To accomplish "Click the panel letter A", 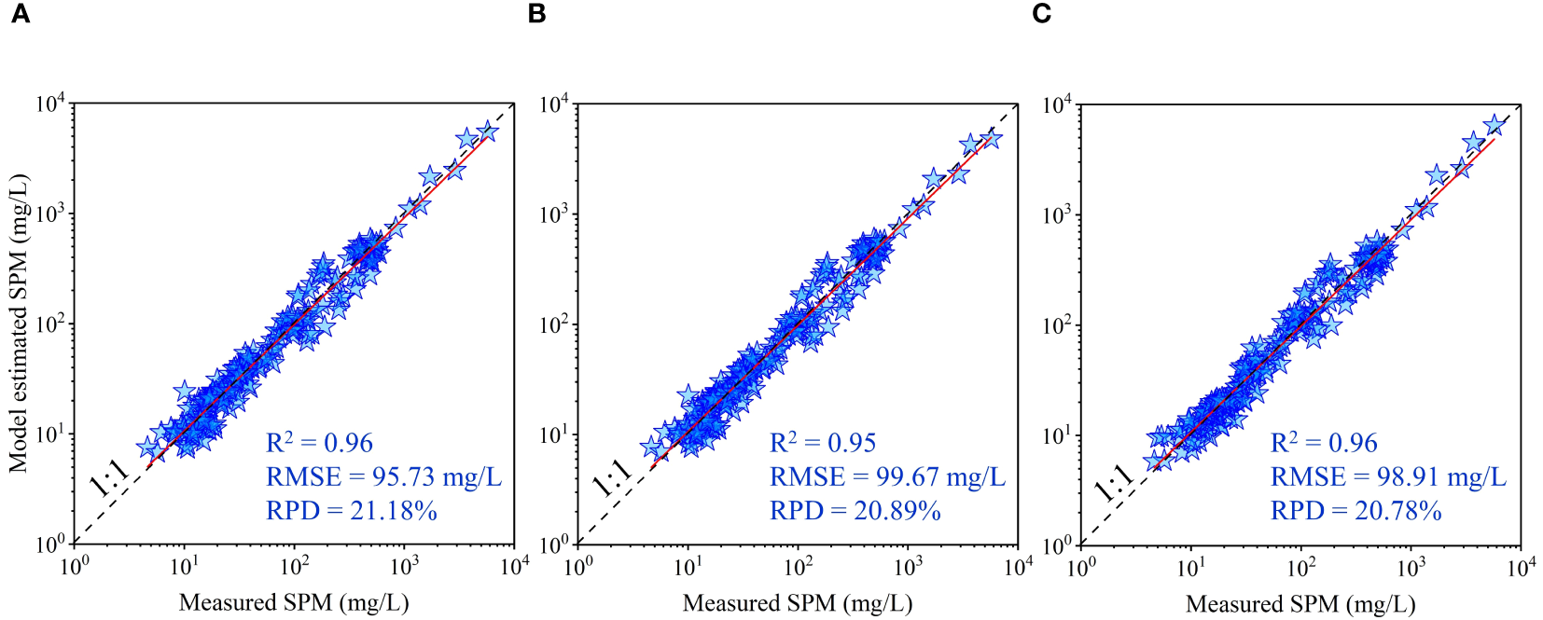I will (x=20, y=14).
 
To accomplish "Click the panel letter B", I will (x=536, y=14).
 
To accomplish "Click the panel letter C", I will (x=1042, y=14).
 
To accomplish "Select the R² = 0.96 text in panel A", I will (x=319, y=443).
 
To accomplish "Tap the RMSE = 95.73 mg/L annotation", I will (x=383, y=477).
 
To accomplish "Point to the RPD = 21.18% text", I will (x=351, y=511).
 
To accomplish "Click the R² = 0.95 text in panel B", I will (x=822, y=443).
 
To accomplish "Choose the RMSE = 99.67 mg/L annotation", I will (x=887, y=477).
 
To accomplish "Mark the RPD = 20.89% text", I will (x=855, y=511).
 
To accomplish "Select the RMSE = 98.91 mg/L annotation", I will (x=1388, y=477).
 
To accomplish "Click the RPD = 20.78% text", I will (x=1355, y=511).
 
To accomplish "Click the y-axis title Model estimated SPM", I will (x=19, y=323).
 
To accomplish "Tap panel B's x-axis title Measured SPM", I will (x=798, y=603).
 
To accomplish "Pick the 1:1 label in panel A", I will (x=109, y=477).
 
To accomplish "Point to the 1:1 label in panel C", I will (x=1114, y=481).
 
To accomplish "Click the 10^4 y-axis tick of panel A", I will (x=50, y=103).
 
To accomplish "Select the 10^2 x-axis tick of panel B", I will (x=798, y=566).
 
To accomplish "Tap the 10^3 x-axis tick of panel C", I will (x=1411, y=566).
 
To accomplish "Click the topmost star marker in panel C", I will (x=1494, y=124).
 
